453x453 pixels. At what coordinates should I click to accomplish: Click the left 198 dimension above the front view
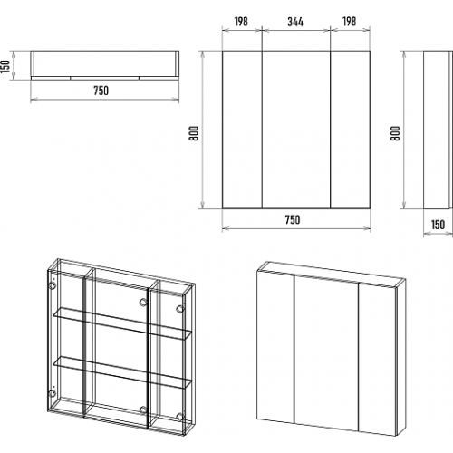click(x=241, y=22)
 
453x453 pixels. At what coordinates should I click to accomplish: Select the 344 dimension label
click(x=295, y=22)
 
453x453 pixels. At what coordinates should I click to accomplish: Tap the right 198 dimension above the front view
click(x=349, y=22)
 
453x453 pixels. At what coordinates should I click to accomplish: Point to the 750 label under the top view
click(x=101, y=91)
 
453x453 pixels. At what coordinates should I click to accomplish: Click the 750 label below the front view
click(x=293, y=220)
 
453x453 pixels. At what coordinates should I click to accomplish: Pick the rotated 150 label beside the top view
click(x=5, y=66)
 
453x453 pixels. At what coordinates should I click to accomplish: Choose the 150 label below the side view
click(x=438, y=225)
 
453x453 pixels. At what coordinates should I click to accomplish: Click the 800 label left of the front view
click(x=194, y=133)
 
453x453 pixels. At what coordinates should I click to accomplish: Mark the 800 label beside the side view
click(x=395, y=133)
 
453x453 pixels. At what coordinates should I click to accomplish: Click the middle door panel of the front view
click(x=296, y=130)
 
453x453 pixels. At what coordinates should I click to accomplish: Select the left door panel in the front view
click(x=242, y=130)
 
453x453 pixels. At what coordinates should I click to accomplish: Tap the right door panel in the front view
click(x=351, y=130)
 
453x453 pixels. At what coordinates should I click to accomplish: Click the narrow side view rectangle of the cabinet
click(x=438, y=130)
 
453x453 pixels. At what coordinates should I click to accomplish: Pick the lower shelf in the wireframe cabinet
click(x=122, y=372)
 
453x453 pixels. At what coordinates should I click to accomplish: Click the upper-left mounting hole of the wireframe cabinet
click(x=52, y=285)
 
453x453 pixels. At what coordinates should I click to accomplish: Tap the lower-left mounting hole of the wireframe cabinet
click(x=52, y=393)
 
